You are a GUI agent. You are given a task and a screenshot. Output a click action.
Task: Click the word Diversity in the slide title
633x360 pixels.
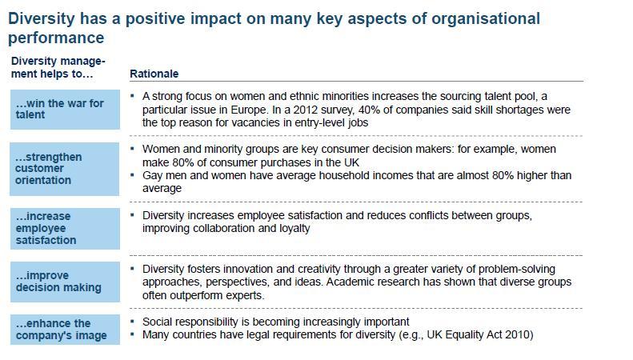click(42, 19)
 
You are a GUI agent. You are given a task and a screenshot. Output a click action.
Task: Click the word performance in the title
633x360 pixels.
click(56, 38)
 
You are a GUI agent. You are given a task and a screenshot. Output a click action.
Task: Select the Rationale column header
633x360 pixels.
click(154, 74)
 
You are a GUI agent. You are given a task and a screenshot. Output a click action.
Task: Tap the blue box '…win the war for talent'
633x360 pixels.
click(65, 110)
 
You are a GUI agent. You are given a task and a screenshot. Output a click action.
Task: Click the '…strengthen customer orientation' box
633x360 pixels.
click(65, 169)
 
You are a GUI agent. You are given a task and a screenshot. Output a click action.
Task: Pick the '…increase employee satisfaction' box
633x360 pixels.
click(65, 229)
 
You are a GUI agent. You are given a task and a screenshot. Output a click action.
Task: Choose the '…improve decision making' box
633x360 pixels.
click(65, 282)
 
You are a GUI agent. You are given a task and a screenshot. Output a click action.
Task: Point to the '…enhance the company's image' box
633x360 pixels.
click(65, 330)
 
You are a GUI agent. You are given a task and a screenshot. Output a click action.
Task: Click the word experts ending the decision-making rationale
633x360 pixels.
click(245, 295)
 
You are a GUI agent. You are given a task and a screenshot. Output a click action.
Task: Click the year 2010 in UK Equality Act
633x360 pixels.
click(518, 335)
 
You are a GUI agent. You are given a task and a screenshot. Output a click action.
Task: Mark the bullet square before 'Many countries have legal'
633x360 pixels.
click(132, 334)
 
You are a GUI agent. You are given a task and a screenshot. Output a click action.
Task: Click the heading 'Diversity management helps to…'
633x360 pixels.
click(58, 67)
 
